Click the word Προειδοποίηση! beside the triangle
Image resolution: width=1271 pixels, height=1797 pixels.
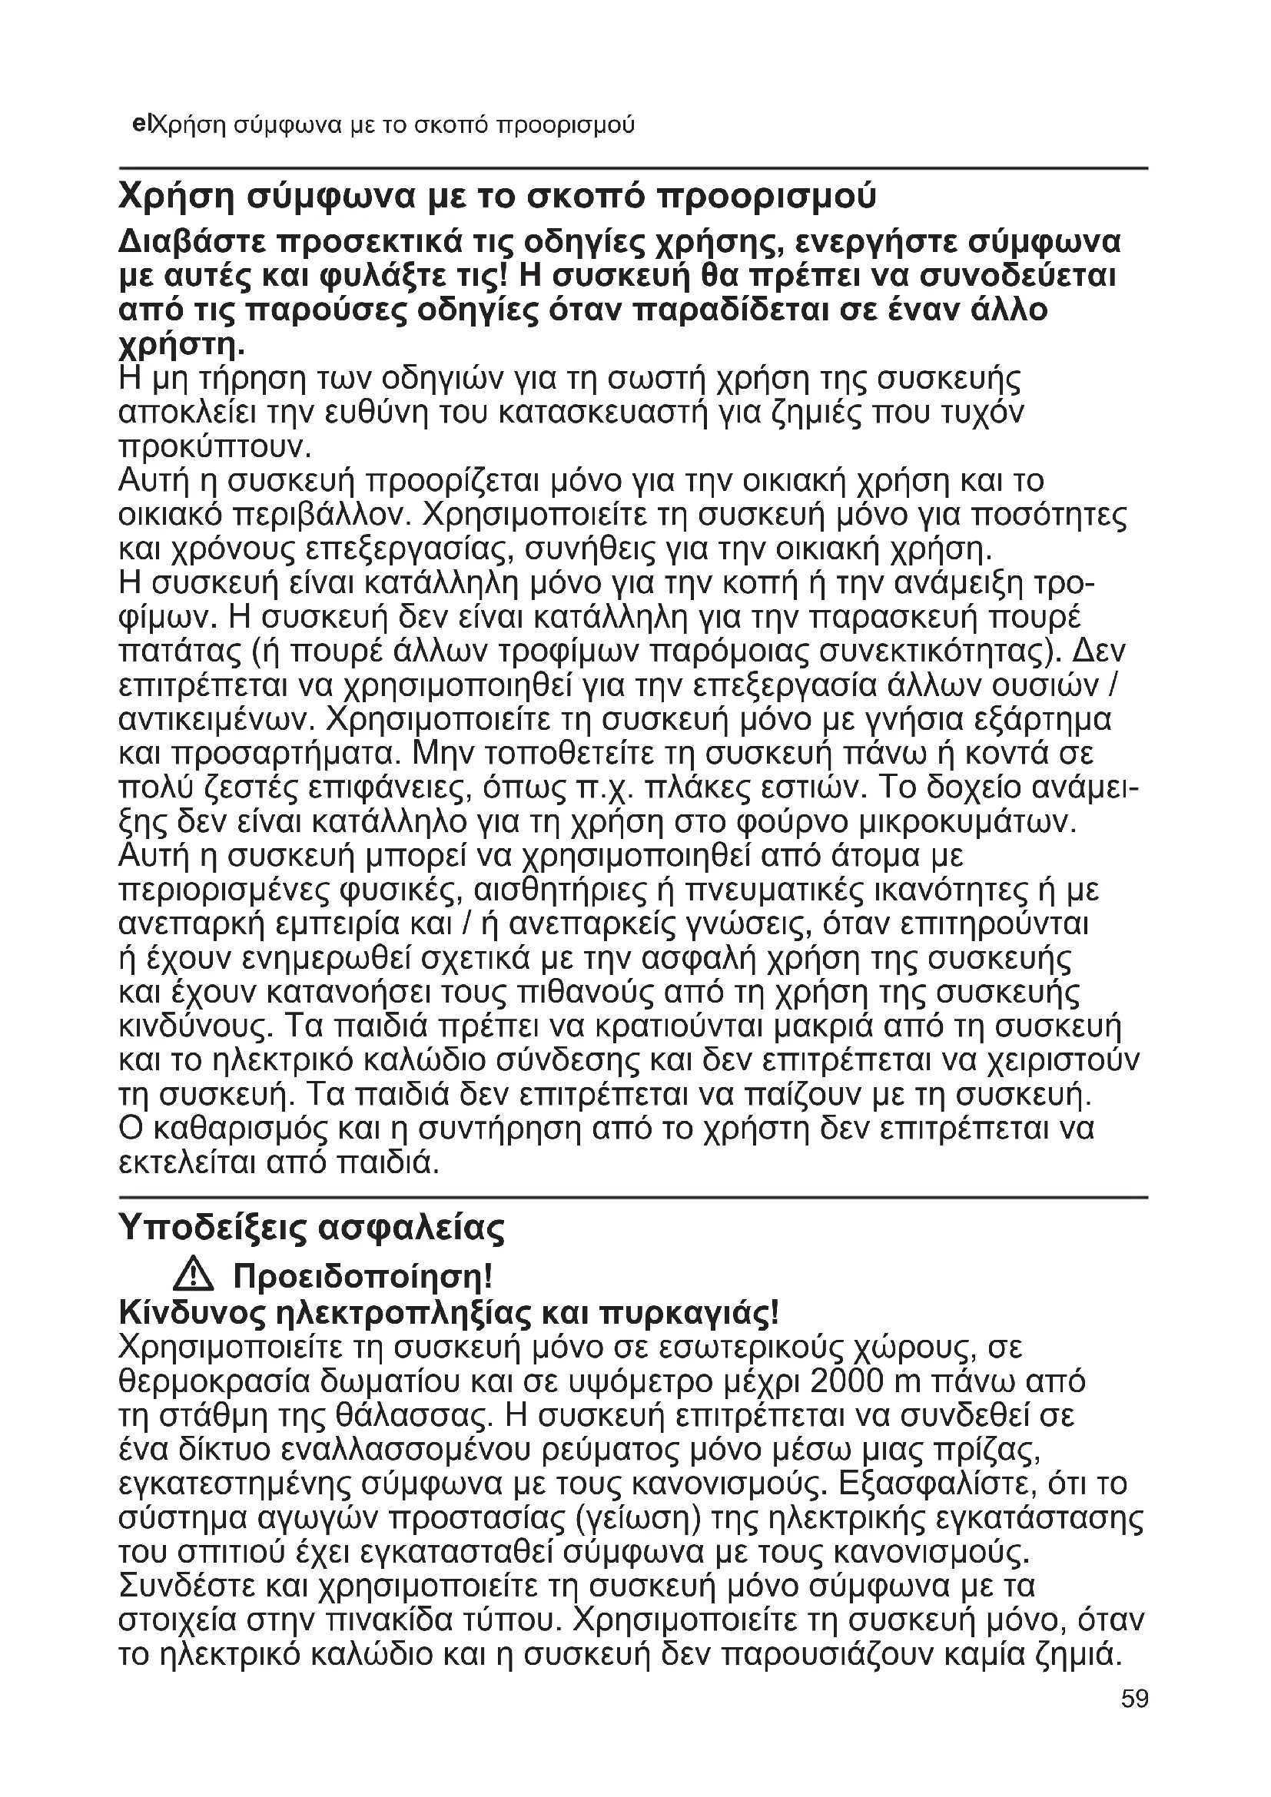(363, 1278)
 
